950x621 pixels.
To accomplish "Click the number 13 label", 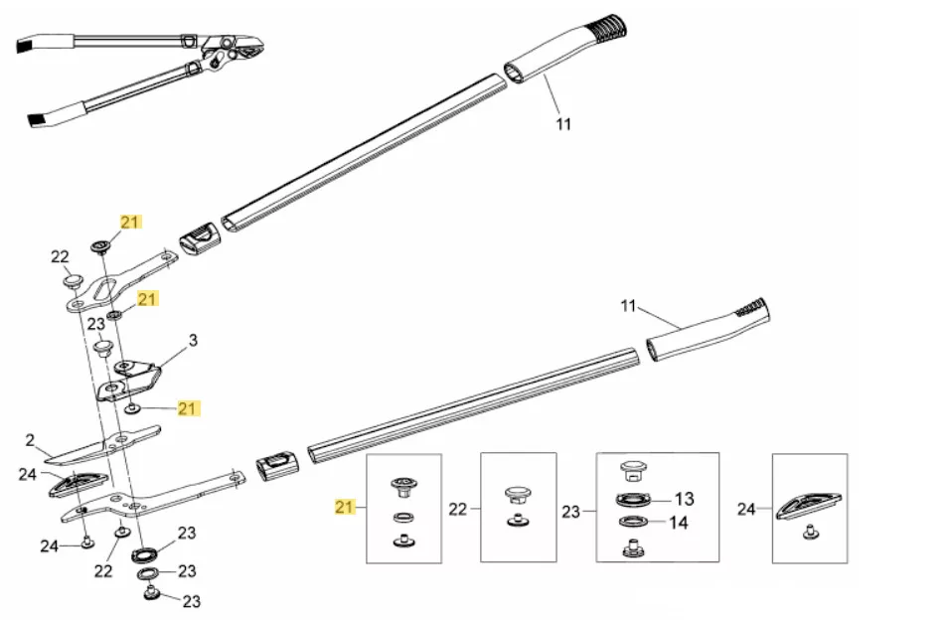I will click(x=685, y=499).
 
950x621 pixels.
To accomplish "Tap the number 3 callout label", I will click(x=193, y=341).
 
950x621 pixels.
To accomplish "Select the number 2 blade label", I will click(x=30, y=439).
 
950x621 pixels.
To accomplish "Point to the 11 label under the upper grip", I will click(x=563, y=124).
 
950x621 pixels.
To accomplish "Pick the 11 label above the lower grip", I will click(x=627, y=305).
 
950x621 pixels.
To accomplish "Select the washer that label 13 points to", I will click(x=633, y=499).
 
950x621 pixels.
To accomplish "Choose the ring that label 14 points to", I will click(x=633, y=523).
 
